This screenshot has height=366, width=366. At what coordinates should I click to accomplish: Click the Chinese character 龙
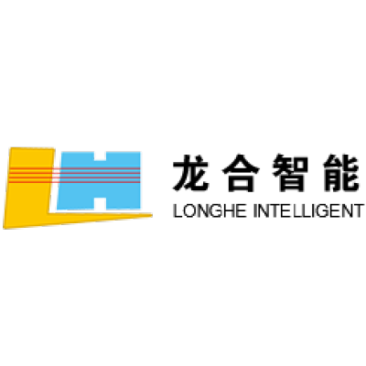(191, 172)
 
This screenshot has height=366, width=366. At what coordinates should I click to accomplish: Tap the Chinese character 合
(241, 173)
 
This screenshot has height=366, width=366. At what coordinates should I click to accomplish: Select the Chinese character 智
(290, 173)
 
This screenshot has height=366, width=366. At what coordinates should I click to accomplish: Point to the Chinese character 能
(340, 173)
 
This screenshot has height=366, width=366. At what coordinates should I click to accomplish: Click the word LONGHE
(210, 211)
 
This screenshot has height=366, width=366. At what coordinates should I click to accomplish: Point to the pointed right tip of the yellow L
(152, 216)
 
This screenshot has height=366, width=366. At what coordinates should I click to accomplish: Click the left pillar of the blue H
(76, 180)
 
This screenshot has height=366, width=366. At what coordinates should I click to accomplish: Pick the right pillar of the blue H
(124, 180)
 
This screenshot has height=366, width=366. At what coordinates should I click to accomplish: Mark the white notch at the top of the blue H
(100, 156)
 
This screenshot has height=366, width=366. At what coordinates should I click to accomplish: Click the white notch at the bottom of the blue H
(100, 203)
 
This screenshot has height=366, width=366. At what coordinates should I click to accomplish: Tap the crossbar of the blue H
(100, 179)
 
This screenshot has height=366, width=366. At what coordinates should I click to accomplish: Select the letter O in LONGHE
(189, 211)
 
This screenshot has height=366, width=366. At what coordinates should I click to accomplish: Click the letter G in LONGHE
(218, 211)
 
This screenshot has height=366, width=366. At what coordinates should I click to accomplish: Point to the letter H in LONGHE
(231, 211)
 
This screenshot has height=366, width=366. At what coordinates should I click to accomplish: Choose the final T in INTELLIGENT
(359, 211)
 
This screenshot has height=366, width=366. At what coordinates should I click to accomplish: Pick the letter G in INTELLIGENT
(324, 211)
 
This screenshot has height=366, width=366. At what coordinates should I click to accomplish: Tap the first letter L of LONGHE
(178, 211)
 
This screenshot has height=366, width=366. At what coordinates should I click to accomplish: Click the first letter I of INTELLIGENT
(255, 211)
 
